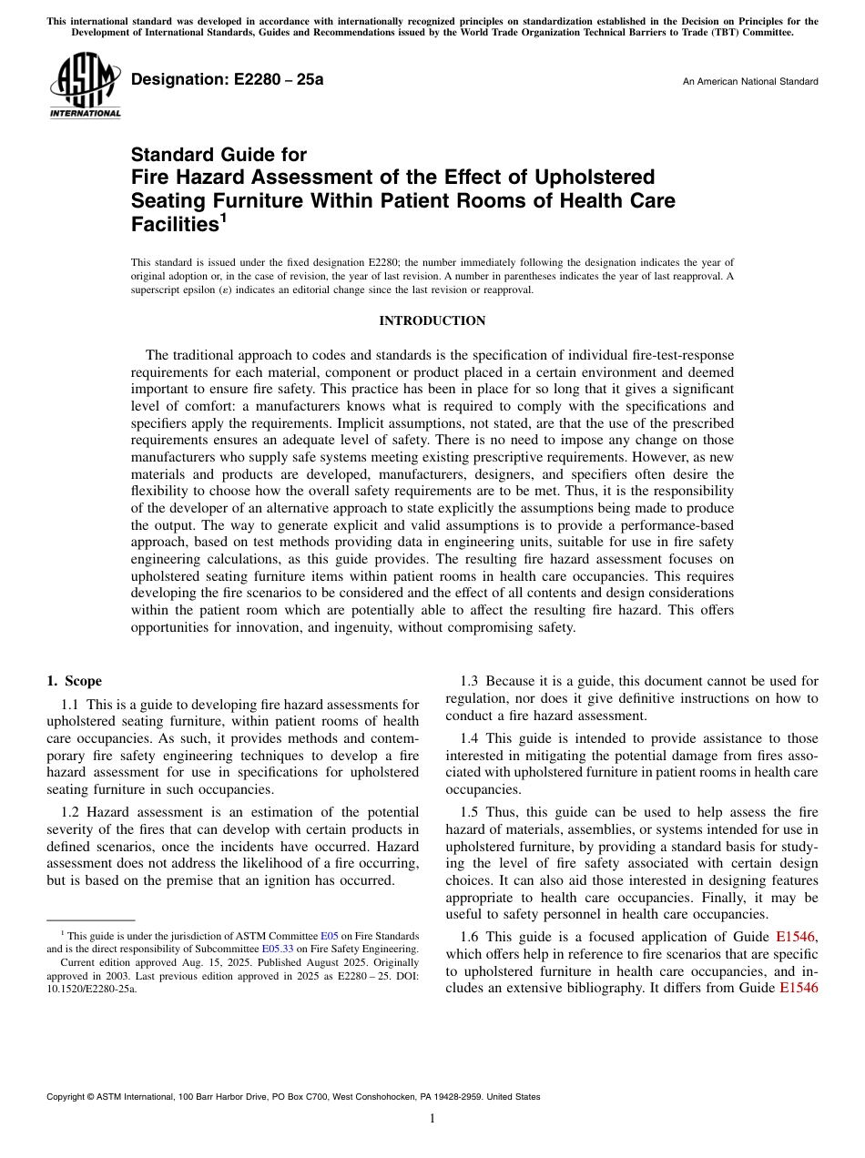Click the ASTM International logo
tap(85, 86)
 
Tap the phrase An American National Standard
tap(750, 82)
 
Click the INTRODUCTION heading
tap(432, 321)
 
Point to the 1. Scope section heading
tap(75, 681)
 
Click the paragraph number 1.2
tap(70, 812)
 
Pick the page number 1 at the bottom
tap(432, 1119)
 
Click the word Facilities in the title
tap(174, 224)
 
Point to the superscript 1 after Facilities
tap(222, 218)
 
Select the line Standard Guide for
tap(219, 155)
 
